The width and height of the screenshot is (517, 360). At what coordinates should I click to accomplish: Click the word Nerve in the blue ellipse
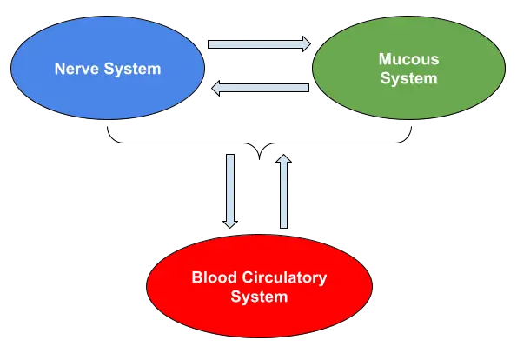[76, 69]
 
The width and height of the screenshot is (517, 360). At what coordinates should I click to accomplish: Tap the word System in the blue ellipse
[133, 70]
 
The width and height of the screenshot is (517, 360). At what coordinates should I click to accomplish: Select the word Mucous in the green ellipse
[409, 59]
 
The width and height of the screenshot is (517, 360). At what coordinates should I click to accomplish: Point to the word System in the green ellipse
[409, 78]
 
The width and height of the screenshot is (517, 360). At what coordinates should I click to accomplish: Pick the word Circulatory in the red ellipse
[284, 278]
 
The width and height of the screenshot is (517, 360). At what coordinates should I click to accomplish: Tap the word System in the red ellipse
[259, 297]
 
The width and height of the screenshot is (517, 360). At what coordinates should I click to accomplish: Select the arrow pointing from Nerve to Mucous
[259, 43]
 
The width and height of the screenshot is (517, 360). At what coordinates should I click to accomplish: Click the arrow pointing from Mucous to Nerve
[260, 88]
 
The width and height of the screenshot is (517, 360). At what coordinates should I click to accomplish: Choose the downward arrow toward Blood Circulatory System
[230, 190]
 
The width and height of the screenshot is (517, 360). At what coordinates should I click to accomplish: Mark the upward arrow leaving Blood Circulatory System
[283, 190]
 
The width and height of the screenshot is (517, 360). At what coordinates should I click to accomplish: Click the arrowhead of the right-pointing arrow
[307, 43]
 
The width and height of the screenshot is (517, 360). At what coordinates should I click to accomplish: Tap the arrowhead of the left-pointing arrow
[215, 88]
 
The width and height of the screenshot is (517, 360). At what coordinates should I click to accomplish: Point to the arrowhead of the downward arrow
[230, 224]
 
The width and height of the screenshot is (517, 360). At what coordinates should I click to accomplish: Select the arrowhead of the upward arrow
[283, 158]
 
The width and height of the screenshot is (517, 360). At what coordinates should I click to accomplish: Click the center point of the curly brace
[260, 159]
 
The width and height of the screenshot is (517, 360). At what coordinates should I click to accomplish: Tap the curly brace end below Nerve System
[108, 127]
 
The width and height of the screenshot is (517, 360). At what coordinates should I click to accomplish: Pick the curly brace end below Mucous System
[412, 127]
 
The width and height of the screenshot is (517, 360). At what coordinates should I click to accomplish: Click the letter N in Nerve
[60, 69]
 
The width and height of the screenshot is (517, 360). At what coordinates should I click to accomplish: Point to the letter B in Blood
[197, 277]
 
